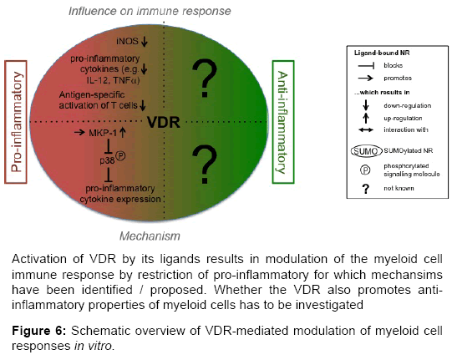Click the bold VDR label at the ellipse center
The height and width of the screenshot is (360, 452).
(164, 122)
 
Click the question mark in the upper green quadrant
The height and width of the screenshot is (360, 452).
(205, 79)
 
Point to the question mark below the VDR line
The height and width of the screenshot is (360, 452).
(205, 165)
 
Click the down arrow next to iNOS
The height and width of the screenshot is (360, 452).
(145, 41)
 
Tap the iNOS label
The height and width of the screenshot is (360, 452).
(127, 41)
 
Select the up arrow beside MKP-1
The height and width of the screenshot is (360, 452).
(123, 133)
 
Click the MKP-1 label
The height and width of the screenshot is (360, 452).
(103, 133)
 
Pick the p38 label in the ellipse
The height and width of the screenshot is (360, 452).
(107, 160)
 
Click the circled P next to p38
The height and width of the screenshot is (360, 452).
(120, 156)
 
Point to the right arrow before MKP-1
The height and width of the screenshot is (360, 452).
(79, 133)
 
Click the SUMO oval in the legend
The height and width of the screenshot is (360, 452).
(365, 151)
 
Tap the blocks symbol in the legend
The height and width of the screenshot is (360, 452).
(366, 66)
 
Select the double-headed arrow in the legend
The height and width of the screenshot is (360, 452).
(366, 130)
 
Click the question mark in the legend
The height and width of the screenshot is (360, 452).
(365, 189)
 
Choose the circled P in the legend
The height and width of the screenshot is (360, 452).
(365, 170)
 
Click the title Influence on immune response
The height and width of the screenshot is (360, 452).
(150, 11)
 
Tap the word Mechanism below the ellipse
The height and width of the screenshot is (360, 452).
(150, 236)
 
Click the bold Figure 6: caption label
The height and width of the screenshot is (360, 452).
(39, 331)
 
